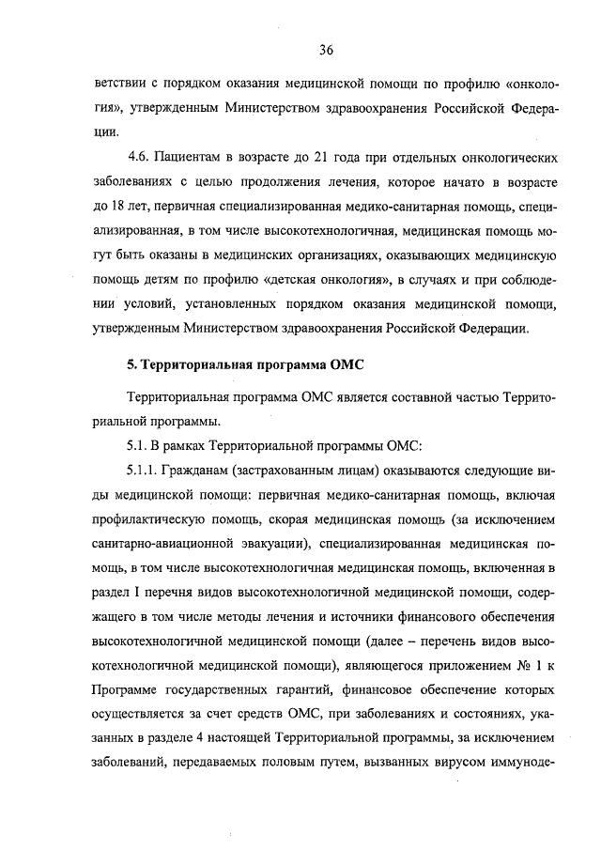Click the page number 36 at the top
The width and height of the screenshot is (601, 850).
[x=327, y=50]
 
